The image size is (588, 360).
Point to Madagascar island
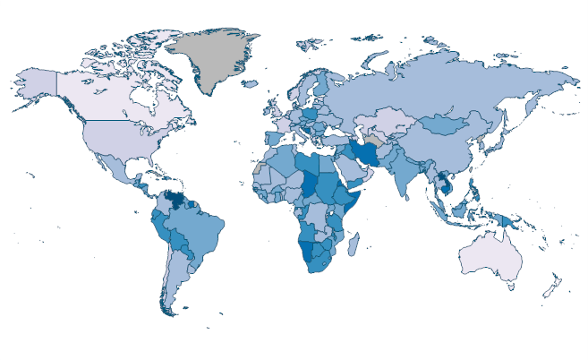click(x=355, y=244)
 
